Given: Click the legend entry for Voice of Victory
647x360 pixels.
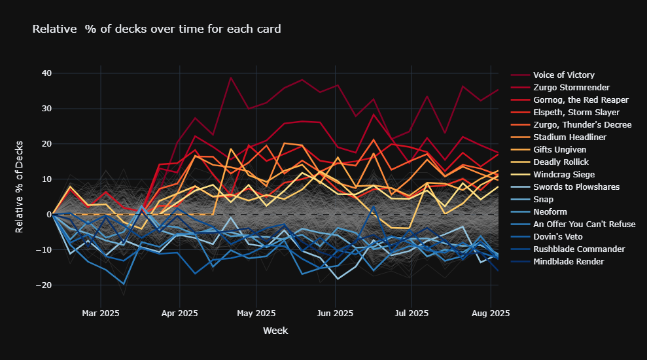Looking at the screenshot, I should tap(563, 75).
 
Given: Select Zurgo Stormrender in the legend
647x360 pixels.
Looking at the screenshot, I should tap(571, 88).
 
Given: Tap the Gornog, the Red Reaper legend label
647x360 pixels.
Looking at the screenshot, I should tap(580, 100).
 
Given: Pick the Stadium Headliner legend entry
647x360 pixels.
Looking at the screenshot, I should tap(570, 137).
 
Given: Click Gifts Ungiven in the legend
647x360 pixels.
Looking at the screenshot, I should tap(560, 150).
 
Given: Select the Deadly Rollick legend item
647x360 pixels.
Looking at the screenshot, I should tap(561, 162).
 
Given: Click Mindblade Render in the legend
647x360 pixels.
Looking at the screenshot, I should tap(567, 262).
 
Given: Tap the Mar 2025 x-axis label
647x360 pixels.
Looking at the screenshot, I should tap(101, 314).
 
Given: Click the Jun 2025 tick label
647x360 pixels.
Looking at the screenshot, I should tap(335, 314).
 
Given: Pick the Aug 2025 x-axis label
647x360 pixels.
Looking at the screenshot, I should tap(491, 314).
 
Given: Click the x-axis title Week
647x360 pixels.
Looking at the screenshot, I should tap(275, 331).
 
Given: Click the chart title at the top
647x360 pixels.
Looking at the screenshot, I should tap(157, 29).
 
